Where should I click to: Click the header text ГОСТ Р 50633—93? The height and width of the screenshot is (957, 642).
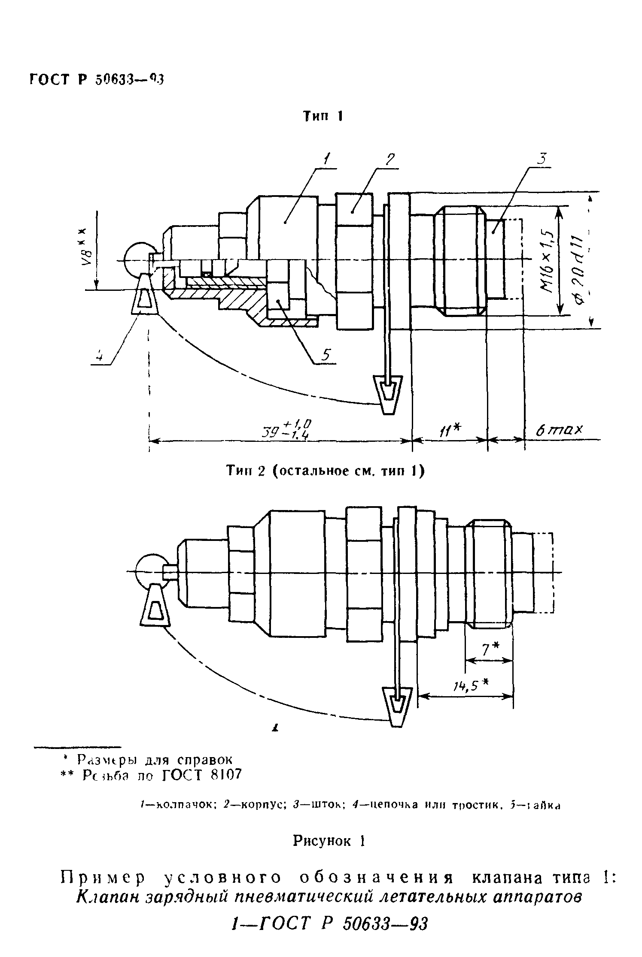click(97, 80)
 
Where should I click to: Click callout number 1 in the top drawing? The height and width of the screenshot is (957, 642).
click(327, 160)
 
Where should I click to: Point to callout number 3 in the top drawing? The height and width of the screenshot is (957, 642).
click(542, 159)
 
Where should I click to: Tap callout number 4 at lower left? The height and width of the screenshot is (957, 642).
click(99, 356)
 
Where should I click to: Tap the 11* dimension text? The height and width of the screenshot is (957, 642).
click(450, 429)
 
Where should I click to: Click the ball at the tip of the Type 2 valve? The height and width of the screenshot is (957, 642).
click(149, 572)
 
